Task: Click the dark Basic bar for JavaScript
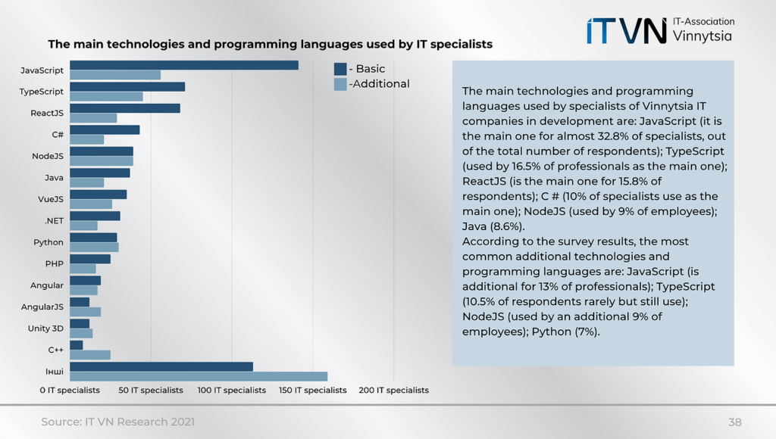(x=183, y=65)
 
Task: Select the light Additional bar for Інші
(x=199, y=376)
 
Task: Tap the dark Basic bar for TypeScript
(x=127, y=86)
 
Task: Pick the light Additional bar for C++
(x=90, y=354)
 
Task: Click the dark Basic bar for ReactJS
(x=125, y=108)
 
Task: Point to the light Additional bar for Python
(x=94, y=248)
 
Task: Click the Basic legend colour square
(x=340, y=69)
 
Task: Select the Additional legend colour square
(x=340, y=84)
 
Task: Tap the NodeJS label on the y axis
(x=48, y=157)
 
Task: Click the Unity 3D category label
(x=45, y=328)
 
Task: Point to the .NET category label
(x=53, y=221)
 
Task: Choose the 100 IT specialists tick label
(x=232, y=391)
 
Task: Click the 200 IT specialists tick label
(x=393, y=391)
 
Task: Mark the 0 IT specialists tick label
(x=70, y=391)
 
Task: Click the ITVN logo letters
(x=626, y=31)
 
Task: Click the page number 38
(x=734, y=422)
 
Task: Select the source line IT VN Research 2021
(x=117, y=422)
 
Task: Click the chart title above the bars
(x=270, y=45)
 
